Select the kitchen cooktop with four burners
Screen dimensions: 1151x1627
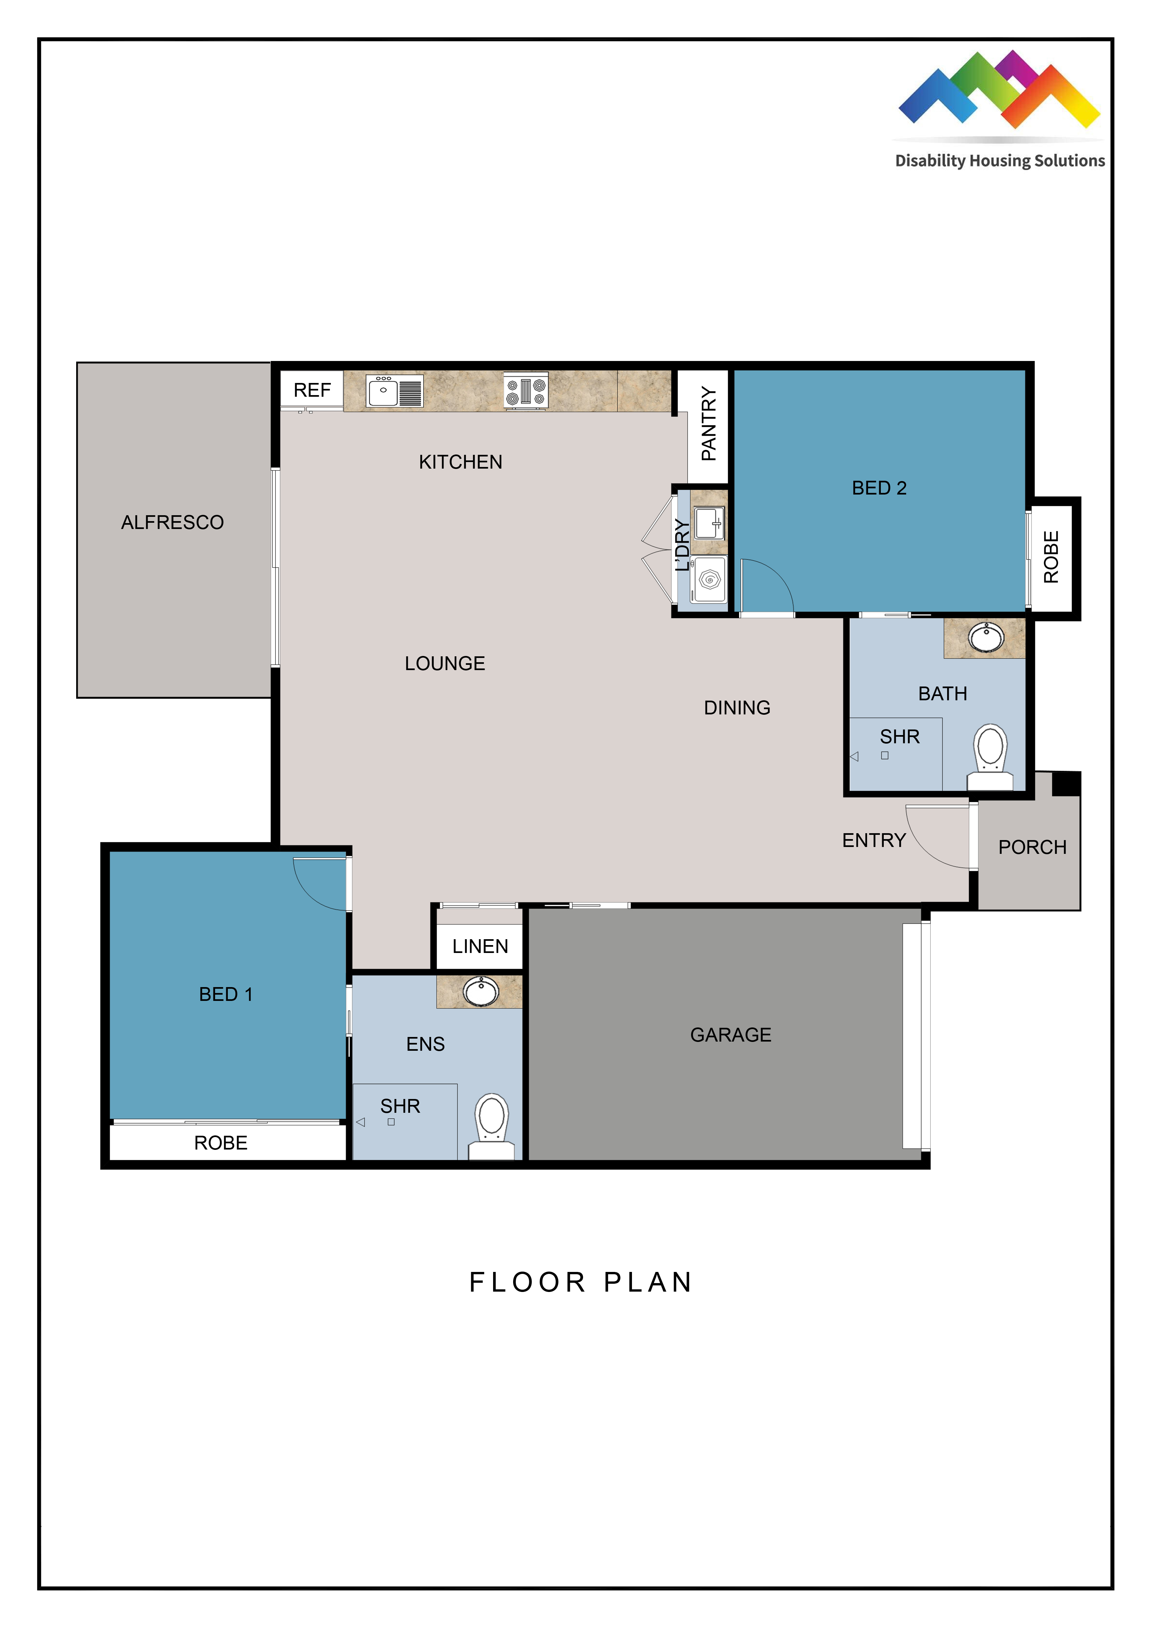click(x=526, y=391)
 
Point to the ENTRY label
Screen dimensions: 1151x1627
click(x=874, y=840)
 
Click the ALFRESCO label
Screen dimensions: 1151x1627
click(x=172, y=522)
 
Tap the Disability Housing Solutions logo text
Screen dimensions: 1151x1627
click(x=1000, y=161)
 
